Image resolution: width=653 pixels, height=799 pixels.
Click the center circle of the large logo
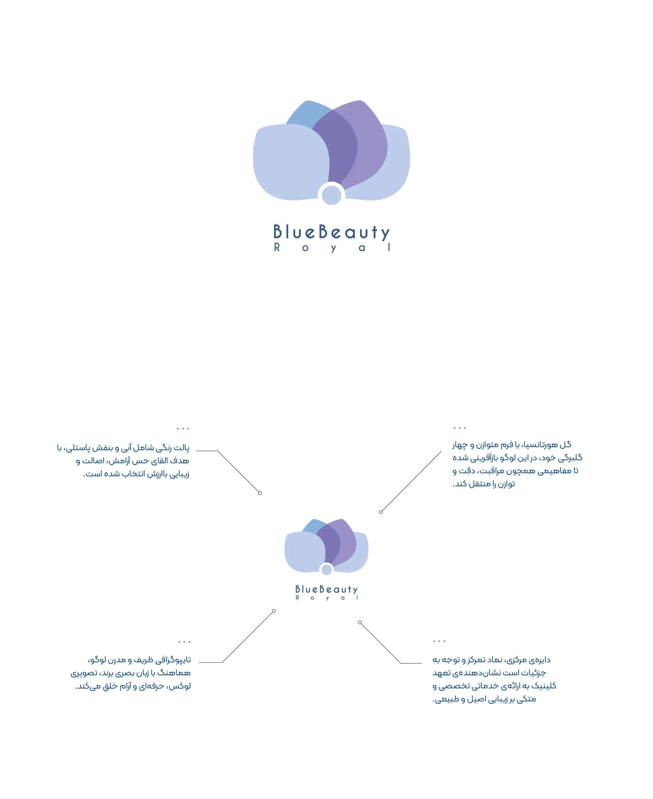click(x=331, y=195)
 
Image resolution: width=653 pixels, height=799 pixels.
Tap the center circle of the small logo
click(x=326, y=569)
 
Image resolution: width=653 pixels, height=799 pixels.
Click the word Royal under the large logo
click(x=332, y=248)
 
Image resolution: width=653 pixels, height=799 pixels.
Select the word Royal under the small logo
click(x=326, y=598)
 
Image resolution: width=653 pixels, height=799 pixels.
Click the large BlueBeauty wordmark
click(x=331, y=233)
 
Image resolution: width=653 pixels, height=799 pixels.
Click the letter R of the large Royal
click(x=277, y=247)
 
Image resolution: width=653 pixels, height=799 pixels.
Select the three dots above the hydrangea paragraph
click(x=460, y=428)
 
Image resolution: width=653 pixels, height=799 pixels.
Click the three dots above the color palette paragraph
click(x=183, y=429)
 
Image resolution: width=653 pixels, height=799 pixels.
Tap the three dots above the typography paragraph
click(x=184, y=642)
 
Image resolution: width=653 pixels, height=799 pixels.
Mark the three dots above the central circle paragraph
click(x=439, y=641)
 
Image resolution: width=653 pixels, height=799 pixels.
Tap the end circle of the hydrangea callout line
click(x=381, y=512)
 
